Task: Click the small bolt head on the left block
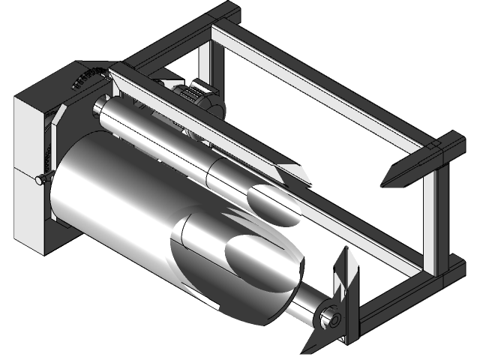point(38,179)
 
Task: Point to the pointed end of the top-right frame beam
point(390,180)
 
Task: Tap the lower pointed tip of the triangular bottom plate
point(307,349)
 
